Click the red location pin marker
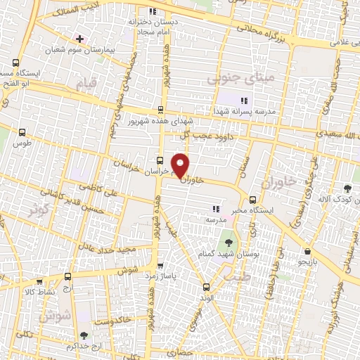point(181,164)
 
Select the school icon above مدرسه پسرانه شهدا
point(244,101)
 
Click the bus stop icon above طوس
point(23,131)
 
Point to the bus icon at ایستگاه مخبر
point(253,199)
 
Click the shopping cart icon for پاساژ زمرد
point(161,266)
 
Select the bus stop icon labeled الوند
point(205,286)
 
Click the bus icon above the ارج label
point(67,276)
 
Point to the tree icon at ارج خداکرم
point(84,336)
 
